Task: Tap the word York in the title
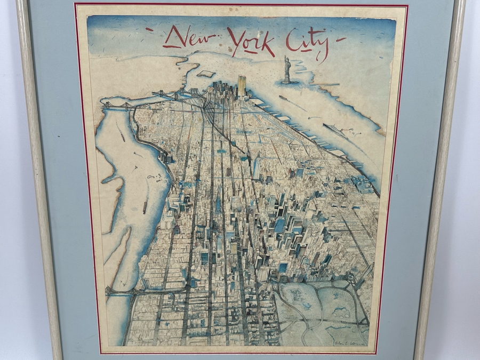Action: (x=250, y=41)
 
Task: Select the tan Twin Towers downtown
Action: (x=242, y=85)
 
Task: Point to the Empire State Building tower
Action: (x=217, y=200)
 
